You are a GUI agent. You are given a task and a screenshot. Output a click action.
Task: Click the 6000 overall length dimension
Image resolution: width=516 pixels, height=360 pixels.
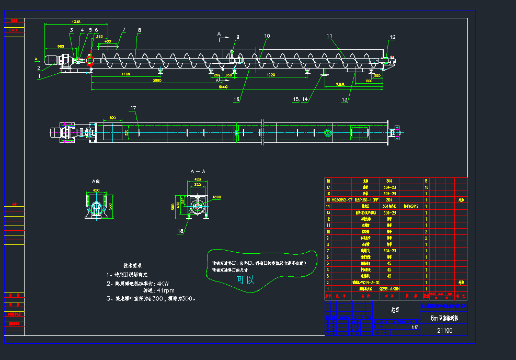point(223,87)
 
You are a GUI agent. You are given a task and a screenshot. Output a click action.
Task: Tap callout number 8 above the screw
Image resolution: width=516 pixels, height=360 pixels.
point(139,30)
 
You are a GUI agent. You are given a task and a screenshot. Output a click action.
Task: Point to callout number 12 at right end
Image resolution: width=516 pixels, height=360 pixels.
point(393,37)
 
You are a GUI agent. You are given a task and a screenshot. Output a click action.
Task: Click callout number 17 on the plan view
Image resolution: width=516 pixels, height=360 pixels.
point(133,108)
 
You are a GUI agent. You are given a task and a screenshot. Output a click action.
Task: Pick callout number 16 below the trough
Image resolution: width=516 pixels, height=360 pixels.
point(236,99)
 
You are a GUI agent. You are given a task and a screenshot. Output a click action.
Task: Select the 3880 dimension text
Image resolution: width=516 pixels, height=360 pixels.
point(156,80)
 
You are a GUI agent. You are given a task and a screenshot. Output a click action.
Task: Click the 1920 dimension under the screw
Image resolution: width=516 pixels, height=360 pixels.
point(271,75)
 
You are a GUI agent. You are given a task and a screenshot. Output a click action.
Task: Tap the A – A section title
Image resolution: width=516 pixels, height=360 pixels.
point(198,171)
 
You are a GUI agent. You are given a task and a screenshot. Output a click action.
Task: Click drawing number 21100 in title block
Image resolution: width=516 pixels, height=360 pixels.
point(444,330)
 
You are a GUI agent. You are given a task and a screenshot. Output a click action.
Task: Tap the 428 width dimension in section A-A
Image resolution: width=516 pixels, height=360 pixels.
point(198,179)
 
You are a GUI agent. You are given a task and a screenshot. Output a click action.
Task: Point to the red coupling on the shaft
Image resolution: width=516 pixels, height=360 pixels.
point(89,60)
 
